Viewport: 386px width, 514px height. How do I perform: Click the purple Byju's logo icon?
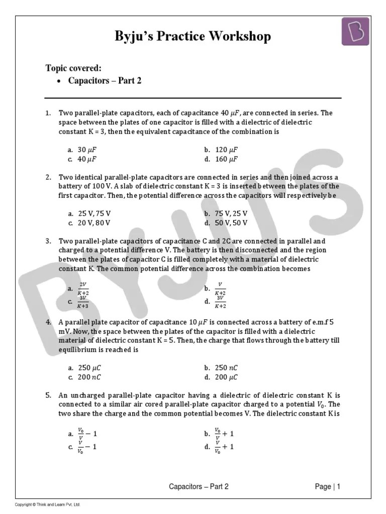point(356,31)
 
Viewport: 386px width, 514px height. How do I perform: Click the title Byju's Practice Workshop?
point(193,36)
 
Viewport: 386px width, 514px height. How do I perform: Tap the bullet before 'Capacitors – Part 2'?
point(59,81)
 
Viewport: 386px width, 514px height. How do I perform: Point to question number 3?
point(48,241)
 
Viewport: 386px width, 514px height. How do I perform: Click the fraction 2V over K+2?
point(83,289)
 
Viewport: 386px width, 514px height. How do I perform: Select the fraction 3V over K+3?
point(83,302)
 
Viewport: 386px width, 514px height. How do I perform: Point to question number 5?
point(48,395)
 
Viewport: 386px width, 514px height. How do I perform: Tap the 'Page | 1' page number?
point(328,486)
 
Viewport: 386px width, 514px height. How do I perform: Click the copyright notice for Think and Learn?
point(48,504)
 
